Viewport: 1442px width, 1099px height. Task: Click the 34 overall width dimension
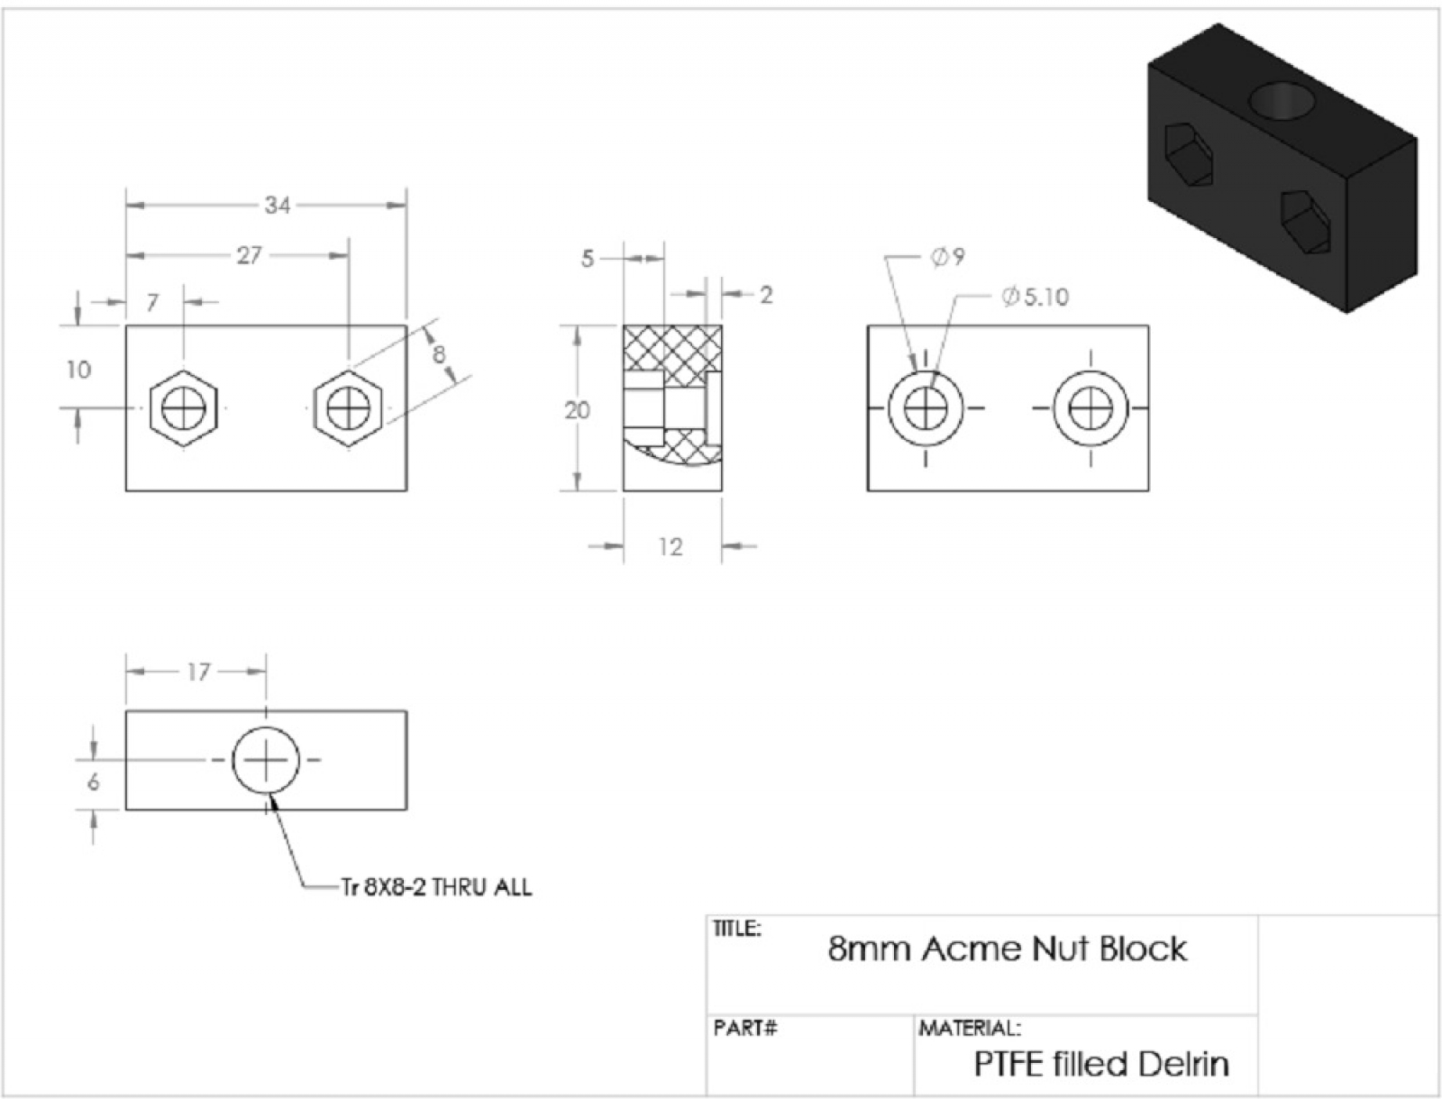277,206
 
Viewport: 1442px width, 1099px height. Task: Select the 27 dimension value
249,256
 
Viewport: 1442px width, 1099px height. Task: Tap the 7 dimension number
152,302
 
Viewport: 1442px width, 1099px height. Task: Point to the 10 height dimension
78,370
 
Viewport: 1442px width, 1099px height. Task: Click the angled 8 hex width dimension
439,353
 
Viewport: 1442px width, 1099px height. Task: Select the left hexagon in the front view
184,408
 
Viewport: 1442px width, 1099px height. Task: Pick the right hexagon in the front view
349,408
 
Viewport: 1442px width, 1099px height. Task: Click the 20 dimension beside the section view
577,410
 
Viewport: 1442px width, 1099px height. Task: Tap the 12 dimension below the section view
670,546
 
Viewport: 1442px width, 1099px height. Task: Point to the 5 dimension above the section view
588,260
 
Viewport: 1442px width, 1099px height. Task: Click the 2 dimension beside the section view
765,295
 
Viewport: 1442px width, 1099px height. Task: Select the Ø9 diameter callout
947,257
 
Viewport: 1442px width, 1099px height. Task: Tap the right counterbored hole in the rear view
1091,408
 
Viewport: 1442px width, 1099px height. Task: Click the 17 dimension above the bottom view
198,672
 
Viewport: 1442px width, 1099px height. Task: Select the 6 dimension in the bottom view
93,783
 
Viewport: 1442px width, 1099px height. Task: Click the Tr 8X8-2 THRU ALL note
437,887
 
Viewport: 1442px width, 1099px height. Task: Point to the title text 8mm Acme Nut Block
1007,948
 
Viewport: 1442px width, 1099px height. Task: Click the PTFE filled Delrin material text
1100,1064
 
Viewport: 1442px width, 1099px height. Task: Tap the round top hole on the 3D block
1281,101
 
